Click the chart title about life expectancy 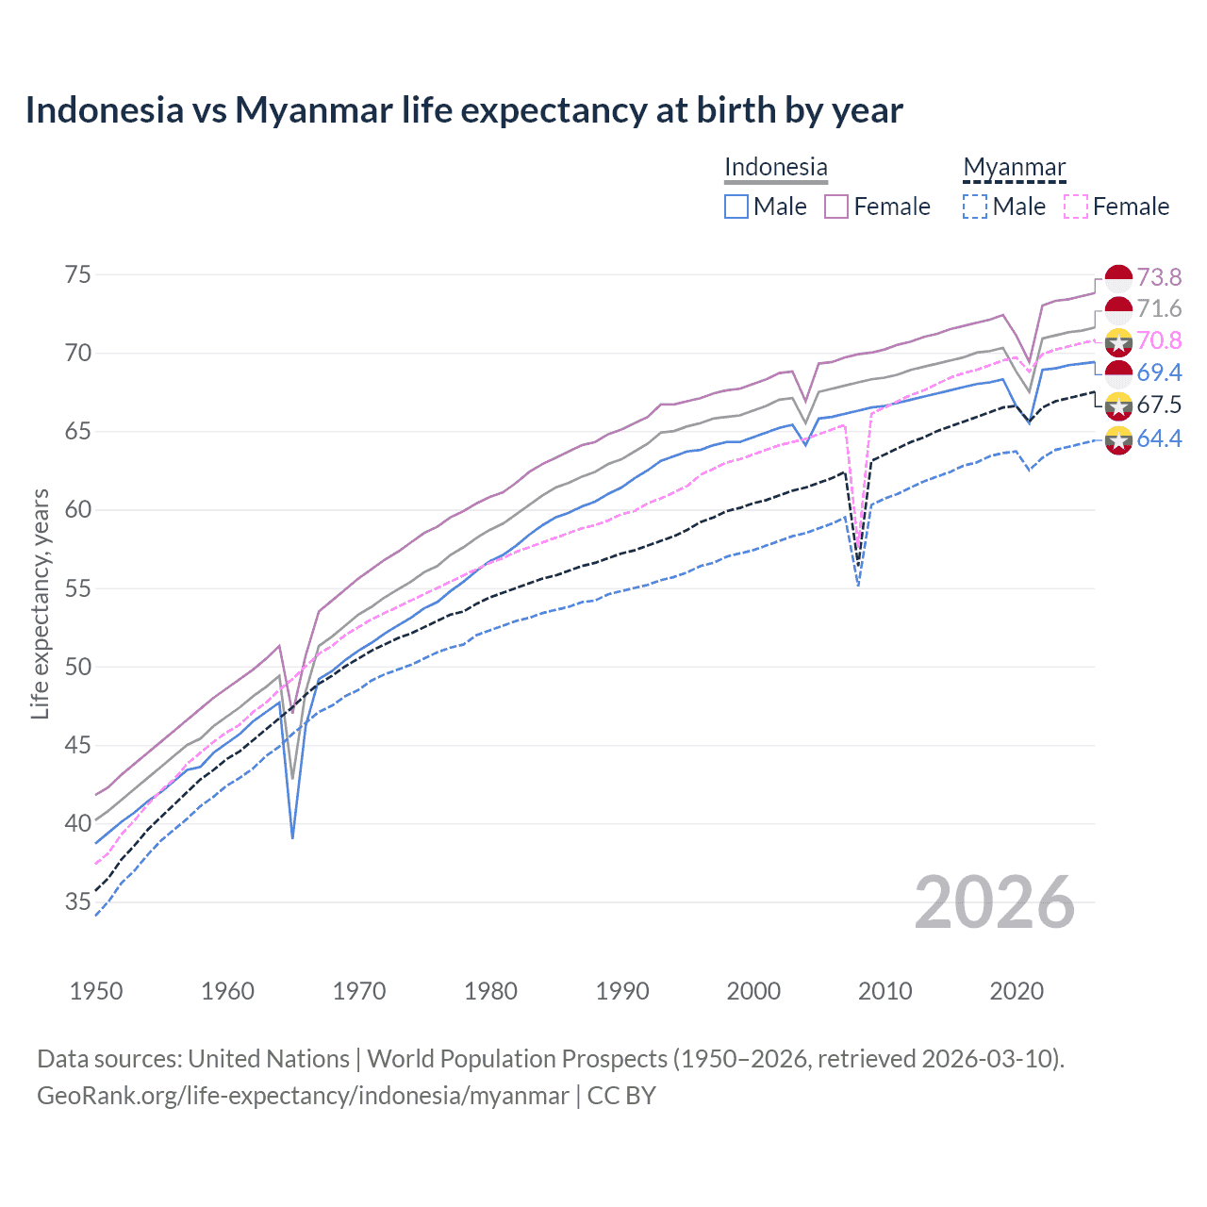(464, 110)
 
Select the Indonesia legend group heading (775, 167)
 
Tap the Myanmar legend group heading (1014, 167)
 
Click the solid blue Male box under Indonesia (736, 207)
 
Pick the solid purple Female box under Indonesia (836, 207)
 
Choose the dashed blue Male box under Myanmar (975, 207)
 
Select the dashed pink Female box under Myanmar (1075, 207)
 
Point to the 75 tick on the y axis (78, 274)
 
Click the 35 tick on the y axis (78, 902)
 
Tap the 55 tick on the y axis (78, 588)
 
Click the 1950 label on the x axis (96, 991)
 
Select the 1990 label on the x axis (622, 991)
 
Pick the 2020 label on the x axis (1017, 991)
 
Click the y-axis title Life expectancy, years (40, 603)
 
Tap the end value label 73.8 (1159, 277)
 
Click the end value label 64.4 (1159, 438)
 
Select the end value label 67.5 (1159, 405)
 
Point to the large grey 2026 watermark (995, 902)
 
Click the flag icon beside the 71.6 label (1118, 309)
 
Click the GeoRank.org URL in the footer (303, 1096)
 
